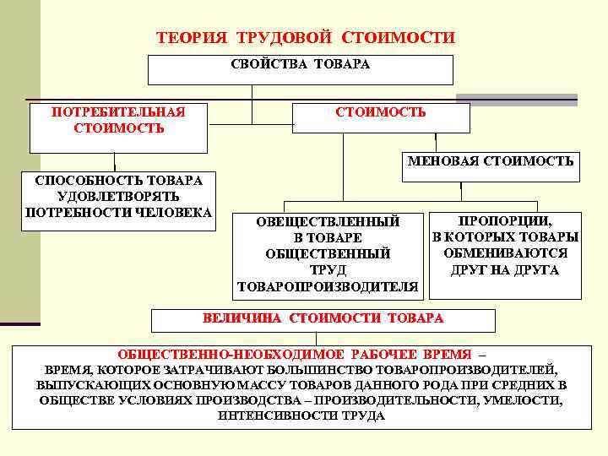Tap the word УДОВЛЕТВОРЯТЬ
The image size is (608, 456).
(x=118, y=195)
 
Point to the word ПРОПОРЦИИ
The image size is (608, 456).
(x=505, y=220)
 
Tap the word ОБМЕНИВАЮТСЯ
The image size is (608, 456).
(x=505, y=253)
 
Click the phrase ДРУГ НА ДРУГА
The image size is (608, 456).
(x=505, y=270)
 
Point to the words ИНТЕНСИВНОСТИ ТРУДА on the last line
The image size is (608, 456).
(x=301, y=415)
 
